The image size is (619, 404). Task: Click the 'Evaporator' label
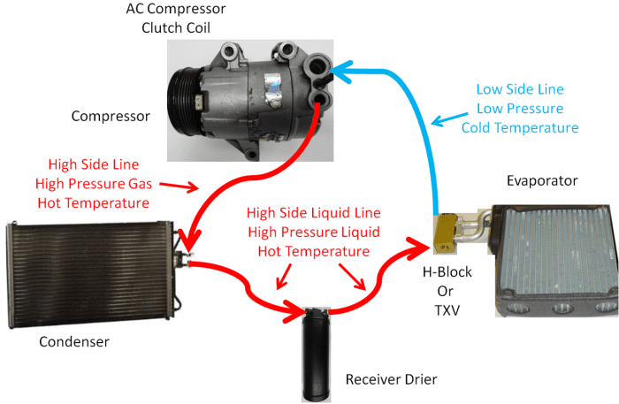click(x=542, y=180)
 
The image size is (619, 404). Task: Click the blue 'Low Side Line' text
click(x=519, y=89)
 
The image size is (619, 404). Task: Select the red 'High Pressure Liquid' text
click(x=313, y=232)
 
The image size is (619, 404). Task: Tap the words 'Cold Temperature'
click(x=519, y=128)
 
